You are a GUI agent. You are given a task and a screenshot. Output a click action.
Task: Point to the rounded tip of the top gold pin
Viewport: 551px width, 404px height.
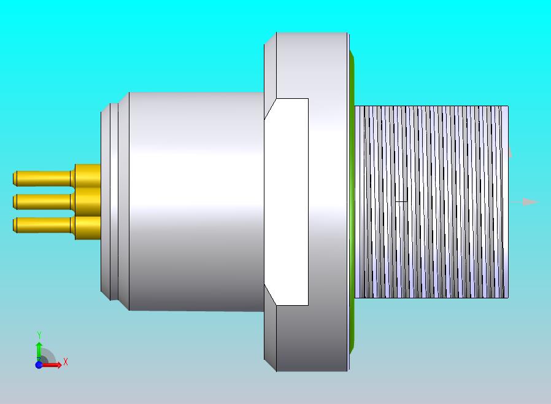point(15,179)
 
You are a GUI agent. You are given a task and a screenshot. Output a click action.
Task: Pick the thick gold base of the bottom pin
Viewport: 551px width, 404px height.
point(88,228)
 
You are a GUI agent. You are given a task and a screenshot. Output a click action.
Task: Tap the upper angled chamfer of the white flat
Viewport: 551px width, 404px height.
point(270,109)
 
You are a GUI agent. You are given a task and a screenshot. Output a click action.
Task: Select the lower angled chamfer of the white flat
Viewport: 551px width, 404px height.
point(270,295)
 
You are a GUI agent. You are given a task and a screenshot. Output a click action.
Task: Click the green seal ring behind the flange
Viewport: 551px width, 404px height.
point(352,201)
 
